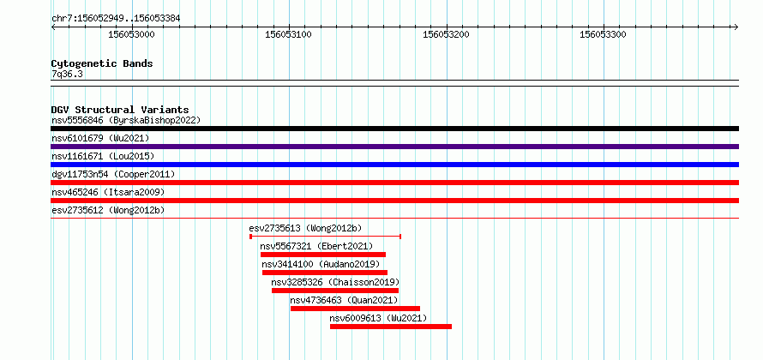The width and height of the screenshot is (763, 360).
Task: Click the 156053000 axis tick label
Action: tap(131, 34)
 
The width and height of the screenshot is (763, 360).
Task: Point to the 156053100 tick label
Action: tap(289, 34)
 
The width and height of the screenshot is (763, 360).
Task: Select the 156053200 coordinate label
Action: tap(446, 34)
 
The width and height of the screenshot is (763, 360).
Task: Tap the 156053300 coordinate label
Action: tap(604, 34)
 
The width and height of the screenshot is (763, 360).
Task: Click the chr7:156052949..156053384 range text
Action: tap(116, 19)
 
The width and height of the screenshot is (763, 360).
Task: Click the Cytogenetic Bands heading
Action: tap(102, 63)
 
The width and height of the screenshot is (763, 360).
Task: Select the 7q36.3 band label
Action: tap(67, 74)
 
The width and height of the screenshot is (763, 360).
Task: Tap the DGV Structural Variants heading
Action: tap(120, 110)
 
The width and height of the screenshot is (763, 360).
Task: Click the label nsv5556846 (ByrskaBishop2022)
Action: tap(126, 120)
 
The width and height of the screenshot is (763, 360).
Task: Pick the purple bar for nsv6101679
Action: tap(394, 147)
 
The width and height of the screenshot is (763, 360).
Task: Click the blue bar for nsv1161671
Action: tap(394, 165)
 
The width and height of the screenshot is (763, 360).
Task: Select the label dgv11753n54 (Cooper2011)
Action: tap(113, 174)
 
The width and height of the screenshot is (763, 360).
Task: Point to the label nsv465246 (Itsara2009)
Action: tap(108, 192)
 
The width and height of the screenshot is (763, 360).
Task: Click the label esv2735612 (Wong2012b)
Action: tap(108, 210)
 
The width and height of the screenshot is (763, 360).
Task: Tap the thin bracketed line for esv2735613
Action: tap(325, 237)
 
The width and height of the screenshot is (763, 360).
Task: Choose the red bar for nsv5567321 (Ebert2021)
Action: tap(323, 255)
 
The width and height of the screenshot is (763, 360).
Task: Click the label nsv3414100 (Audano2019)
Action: tap(321, 264)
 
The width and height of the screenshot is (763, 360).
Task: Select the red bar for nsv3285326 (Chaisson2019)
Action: tap(335, 291)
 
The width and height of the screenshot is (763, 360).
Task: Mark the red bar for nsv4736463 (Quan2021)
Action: tap(355, 309)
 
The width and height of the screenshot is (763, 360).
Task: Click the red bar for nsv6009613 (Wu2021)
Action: tap(391, 327)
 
